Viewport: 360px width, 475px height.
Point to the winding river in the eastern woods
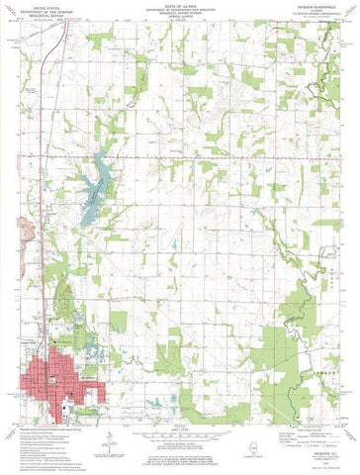[323, 327]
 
